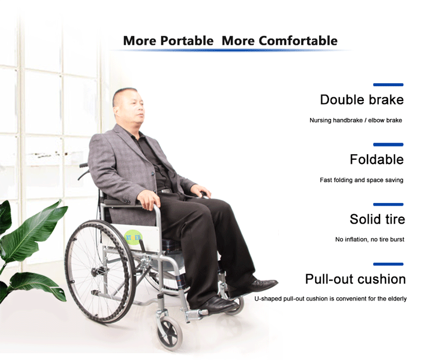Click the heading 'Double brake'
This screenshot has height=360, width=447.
(x=362, y=100)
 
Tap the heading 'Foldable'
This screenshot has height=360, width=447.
(x=377, y=159)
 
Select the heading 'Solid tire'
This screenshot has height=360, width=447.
(x=377, y=219)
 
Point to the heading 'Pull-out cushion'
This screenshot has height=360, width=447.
(x=355, y=279)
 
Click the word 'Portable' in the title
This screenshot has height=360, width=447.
(x=187, y=40)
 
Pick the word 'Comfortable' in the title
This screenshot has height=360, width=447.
(x=298, y=40)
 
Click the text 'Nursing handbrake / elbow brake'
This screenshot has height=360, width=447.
(x=356, y=120)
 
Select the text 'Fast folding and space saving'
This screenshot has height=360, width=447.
(x=362, y=180)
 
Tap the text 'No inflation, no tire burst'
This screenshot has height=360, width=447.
(x=370, y=239)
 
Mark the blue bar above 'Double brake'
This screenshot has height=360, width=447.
(x=388, y=85)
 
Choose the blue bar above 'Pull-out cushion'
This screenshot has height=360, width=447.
(x=388, y=264)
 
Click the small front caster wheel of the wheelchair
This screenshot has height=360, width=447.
(x=169, y=334)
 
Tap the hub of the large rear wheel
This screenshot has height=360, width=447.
(x=96, y=272)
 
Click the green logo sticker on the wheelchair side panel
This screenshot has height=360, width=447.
(x=133, y=238)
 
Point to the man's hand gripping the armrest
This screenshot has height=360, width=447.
(x=149, y=199)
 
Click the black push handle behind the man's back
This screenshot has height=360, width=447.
(x=84, y=165)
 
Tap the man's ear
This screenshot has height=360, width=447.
(x=116, y=110)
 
